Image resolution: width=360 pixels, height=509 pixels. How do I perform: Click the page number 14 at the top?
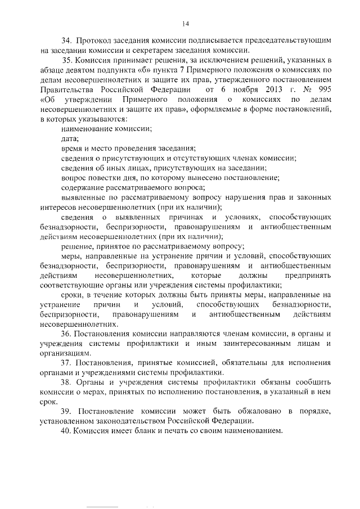pyautogui.click(x=186, y=23)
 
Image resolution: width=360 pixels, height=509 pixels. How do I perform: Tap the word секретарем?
pyautogui.click(x=152, y=51)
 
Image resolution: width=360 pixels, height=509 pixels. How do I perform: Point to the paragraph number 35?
pyautogui.click(x=68, y=60)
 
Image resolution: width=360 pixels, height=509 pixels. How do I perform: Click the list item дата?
pyautogui.click(x=70, y=138)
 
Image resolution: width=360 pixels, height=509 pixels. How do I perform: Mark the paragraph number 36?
pyautogui.click(x=67, y=333)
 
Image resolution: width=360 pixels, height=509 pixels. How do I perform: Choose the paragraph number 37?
pyautogui.click(x=67, y=362)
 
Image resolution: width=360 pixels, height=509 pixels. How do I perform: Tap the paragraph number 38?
pyautogui.click(x=67, y=382)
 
